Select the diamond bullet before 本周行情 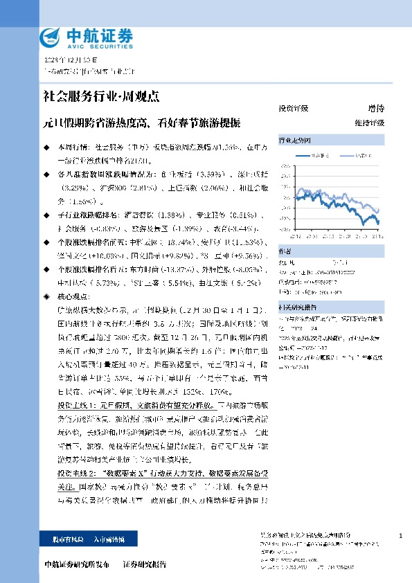click(46, 147)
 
